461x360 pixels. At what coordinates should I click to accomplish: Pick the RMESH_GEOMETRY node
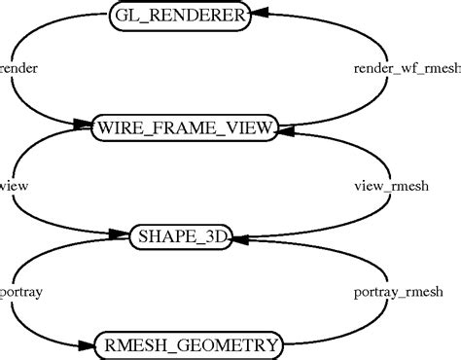(x=189, y=344)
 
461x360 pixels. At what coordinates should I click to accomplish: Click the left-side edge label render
(x=19, y=69)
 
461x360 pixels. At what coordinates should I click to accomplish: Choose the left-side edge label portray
(x=20, y=291)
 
